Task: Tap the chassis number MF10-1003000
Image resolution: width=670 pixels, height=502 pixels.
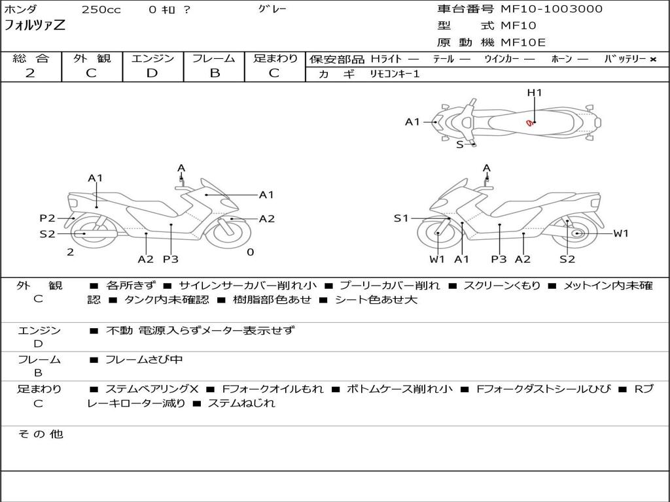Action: [x=552, y=9]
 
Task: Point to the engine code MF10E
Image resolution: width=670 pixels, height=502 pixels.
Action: [x=523, y=42]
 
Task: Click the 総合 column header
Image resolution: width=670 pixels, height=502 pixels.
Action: [x=31, y=59]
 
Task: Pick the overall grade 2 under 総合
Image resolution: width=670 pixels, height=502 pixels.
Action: [x=30, y=73]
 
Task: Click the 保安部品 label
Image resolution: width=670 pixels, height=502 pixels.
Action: [x=336, y=59]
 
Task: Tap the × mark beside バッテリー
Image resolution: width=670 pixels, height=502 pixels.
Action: [x=653, y=59]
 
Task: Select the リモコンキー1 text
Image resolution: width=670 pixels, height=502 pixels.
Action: [x=395, y=75]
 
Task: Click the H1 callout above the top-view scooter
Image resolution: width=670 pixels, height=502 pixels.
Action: [x=535, y=93]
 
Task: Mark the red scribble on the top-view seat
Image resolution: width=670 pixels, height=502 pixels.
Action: [x=529, y=123]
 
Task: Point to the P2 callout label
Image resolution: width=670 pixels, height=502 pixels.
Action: [x=47, y=218]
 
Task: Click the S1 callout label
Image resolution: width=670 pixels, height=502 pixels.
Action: [x=401, y=218]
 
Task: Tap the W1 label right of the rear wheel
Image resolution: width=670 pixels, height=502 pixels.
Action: [x=620, y=233]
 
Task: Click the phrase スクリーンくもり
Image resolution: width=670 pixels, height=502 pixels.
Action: [x=502, y=286]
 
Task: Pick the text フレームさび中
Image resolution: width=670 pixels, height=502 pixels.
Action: [x=144, y=360]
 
